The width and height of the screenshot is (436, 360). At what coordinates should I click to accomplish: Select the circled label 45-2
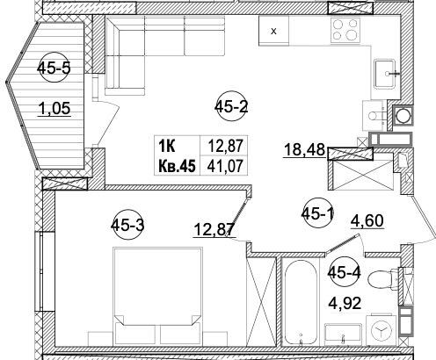point(233,107)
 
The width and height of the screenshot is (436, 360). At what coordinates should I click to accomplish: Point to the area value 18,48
point(301,150)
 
